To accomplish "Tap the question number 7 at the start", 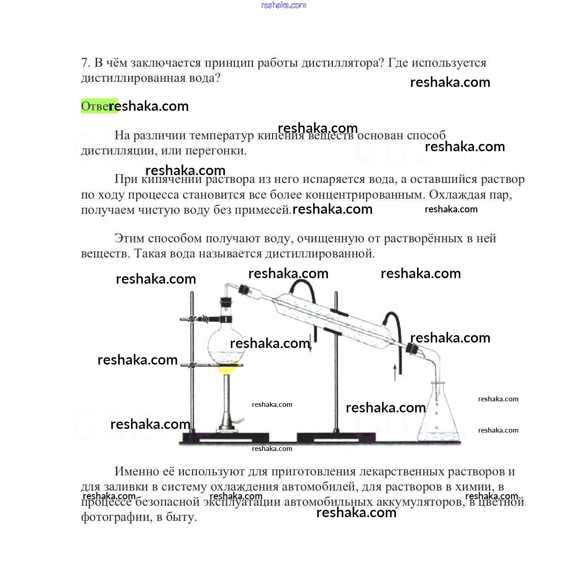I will point(85,63).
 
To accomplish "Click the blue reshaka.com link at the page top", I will point(283,5).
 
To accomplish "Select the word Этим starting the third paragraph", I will point(128,239).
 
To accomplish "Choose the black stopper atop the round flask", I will point(226,303).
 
